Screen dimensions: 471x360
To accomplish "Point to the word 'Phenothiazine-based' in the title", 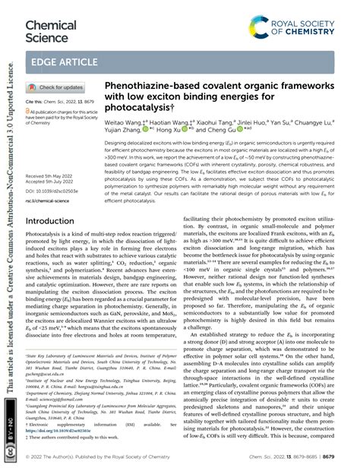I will (x=149, y=88).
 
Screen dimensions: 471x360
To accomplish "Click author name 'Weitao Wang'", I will (x=124, y=124).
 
